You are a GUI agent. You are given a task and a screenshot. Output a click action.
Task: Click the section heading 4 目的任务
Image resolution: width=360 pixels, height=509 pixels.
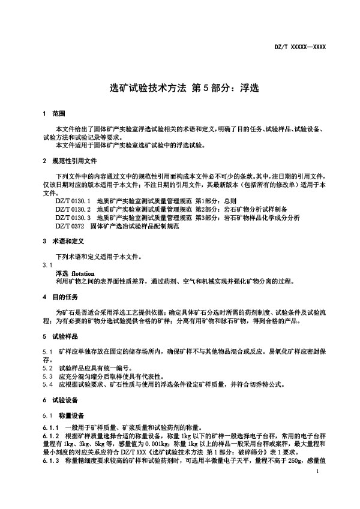click(60, 297)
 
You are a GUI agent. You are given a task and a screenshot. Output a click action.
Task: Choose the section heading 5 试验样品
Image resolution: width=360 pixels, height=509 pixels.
click(60, 337)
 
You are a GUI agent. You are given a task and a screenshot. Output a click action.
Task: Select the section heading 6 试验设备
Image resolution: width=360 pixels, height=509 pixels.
click(60, 400)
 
